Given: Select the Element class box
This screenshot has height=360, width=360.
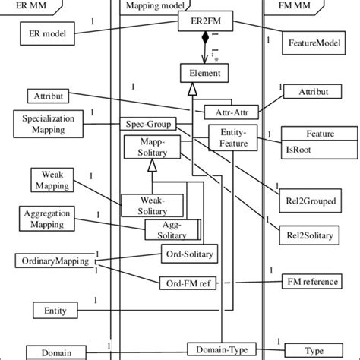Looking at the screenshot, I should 201,74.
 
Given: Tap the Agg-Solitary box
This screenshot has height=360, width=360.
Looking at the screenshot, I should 172,230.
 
